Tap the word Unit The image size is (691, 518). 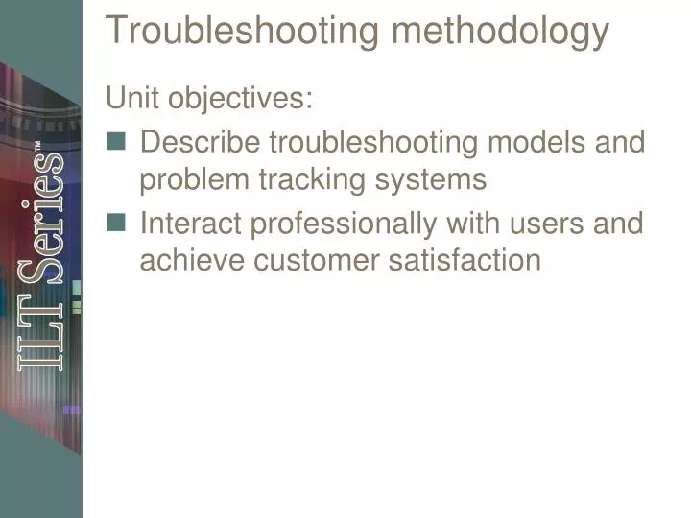click(134, 98)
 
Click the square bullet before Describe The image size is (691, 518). click(117, 142)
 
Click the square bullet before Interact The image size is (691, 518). click(117, 223)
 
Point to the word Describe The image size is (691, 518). click(201, 142)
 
